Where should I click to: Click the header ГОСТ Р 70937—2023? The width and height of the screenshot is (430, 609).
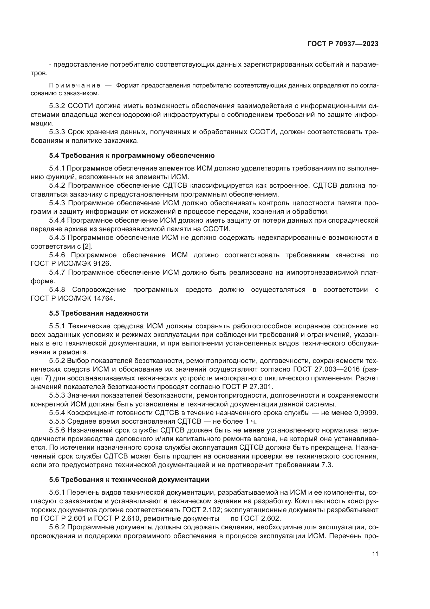click(x=343, y=44)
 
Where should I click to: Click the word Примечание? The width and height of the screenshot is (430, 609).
click(x=75, y=85)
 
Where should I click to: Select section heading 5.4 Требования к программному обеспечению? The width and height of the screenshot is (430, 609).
click(x=132, y=156)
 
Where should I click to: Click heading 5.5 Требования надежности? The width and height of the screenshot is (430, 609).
click(x=99, y=313)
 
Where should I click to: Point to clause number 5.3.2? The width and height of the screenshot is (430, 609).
click(x=57, y=106)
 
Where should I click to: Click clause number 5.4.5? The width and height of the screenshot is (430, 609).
click(x=57, y=238)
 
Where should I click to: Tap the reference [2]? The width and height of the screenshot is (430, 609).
click(x=87, y=246)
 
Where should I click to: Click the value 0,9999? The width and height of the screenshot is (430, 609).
click(x=366, y=413)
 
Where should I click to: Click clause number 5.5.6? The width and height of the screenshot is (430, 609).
click(x=57, y=430)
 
